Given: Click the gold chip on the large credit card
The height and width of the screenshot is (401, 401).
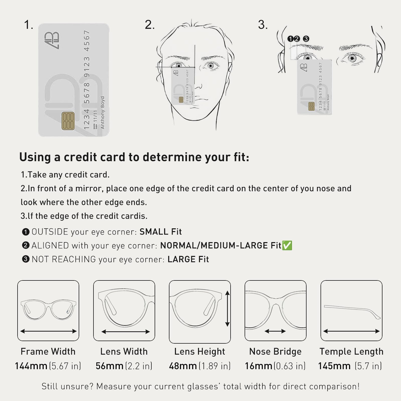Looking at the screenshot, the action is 68,121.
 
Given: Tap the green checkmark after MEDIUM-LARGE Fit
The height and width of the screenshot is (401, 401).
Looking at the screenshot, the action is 287,245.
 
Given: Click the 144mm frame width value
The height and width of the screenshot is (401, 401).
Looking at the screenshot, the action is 31,366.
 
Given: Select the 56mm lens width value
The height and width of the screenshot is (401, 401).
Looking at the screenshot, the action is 110,366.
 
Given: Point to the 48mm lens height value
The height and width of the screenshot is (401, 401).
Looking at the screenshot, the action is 183,366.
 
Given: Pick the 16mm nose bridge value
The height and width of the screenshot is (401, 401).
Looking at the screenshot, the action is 259,366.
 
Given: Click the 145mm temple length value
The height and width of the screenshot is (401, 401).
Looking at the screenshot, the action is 334,366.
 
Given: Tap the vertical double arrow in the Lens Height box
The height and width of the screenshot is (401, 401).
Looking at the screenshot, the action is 227,309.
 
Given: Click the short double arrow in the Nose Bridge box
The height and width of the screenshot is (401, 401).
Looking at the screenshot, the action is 275,331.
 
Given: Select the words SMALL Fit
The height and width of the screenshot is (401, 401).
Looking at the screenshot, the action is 161,232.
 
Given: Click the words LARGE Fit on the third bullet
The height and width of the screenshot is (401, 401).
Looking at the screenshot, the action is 188,259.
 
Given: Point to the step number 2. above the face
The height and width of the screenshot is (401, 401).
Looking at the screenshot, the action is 150,25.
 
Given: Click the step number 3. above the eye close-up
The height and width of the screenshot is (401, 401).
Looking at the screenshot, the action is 263,25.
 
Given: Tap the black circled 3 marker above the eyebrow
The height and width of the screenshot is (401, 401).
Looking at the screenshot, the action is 306,39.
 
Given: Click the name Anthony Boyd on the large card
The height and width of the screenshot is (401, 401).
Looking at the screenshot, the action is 103,113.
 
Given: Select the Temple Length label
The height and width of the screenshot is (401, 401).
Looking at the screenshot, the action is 351,351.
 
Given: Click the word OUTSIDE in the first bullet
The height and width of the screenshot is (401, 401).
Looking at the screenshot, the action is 50,232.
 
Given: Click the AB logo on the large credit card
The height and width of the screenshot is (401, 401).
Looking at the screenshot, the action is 52,40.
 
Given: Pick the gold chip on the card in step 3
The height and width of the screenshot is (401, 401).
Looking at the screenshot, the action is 312,106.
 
